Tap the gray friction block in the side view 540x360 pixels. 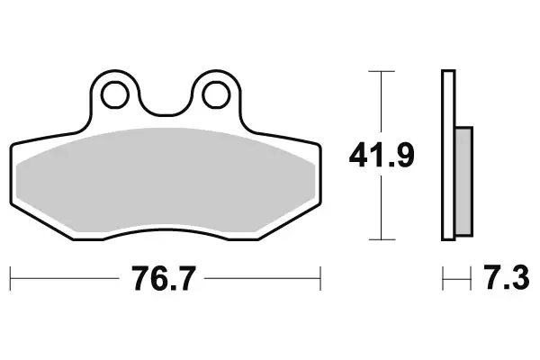(463, 177)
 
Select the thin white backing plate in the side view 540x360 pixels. (446, 155)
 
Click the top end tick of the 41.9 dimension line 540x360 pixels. (383, 70)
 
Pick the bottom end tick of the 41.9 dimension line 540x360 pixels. (383, 239)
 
